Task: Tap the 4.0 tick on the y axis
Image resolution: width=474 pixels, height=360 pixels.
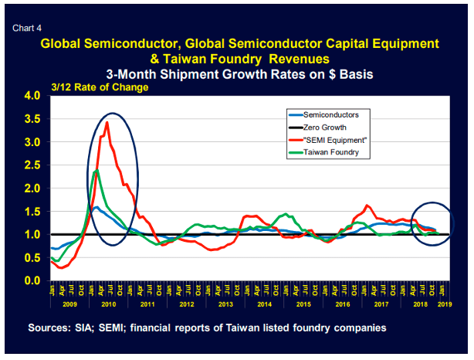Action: tap(36, 97)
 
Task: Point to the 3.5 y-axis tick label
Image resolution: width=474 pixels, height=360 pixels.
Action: tap(36, 120)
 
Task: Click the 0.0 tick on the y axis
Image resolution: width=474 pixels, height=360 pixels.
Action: tap(36, 280)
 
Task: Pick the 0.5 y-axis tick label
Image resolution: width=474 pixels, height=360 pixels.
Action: tap(36, 257)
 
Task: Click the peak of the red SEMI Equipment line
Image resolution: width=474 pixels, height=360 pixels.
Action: tap(107, 123)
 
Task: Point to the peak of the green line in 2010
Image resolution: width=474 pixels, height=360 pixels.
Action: tap(95, 171)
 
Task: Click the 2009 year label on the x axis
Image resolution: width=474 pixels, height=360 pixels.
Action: tap(69, 306)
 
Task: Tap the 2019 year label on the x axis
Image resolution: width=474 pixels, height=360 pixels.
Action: tap(442, 306)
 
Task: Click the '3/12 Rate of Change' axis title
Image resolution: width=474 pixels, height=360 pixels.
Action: tap(100, 87)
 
